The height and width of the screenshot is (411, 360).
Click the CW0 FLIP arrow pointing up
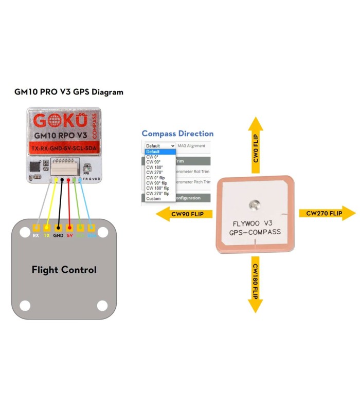click(255, 143)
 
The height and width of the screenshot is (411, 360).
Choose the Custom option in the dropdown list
click(153, 198)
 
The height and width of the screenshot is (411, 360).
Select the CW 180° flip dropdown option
click(158, 188)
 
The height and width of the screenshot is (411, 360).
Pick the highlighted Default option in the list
click(153, 152)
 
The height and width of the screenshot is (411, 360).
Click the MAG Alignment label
click(191, 146)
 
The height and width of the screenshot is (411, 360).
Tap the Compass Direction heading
click(177, 134)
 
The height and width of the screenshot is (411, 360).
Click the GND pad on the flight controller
click(58, 228)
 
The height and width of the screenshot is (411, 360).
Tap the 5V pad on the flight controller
click(69, 228)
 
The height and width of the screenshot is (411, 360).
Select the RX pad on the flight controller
click(35, 228)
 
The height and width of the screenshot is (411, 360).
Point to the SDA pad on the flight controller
click(92, 228)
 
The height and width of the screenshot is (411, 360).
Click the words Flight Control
click(64, 270)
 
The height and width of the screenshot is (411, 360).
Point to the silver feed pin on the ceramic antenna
click(253, 206)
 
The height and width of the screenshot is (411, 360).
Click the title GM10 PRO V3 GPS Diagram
click(68, 92)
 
